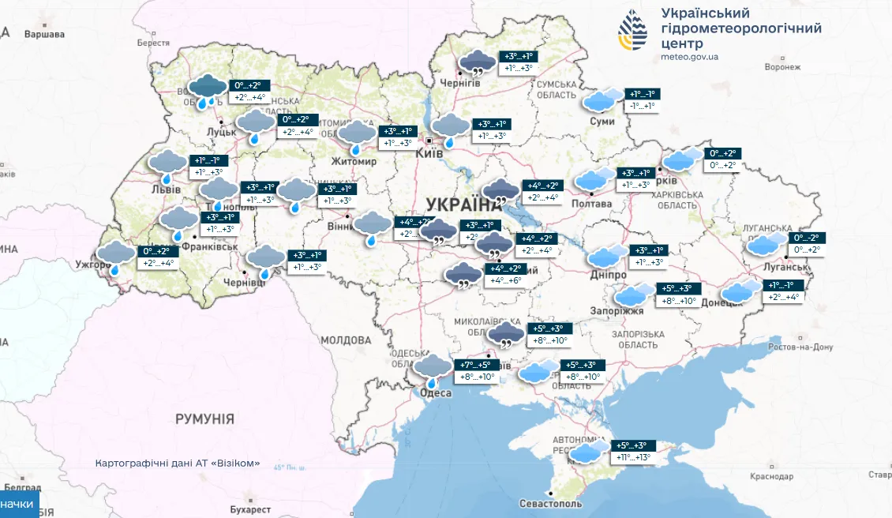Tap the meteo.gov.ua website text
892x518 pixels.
[x=689, y=57]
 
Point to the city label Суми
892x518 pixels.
[x=602, y=122]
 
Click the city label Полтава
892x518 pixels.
[x=590, y=204]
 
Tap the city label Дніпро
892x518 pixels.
[x=608, y=275]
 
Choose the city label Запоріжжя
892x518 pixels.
[x=618, y=311]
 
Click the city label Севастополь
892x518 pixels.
[x=551, y=504]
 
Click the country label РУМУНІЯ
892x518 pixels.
[x=204, y=419]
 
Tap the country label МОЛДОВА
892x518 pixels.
[x=346, y=340]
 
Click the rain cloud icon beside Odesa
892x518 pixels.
[x=433, y=370]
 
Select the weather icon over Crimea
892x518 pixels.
[x=588, y=452]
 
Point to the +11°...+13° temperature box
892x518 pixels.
[x=635, y=456]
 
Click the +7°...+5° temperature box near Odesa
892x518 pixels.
[x=478, y=365]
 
